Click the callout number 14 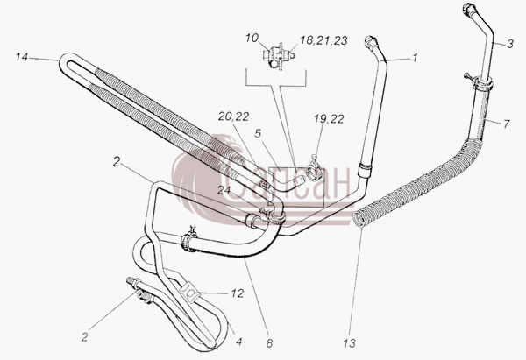tap(21, 57)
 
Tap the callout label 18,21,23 tap(323, 40)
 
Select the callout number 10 tap(252, 38)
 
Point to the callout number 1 tap(415, 58)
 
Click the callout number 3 tap(510, 44)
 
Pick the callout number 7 tap(506, 124)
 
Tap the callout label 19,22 tap(329, 119)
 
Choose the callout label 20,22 tap(233, 116)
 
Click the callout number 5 tap(258, 133)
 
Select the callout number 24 tap(224, 190)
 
